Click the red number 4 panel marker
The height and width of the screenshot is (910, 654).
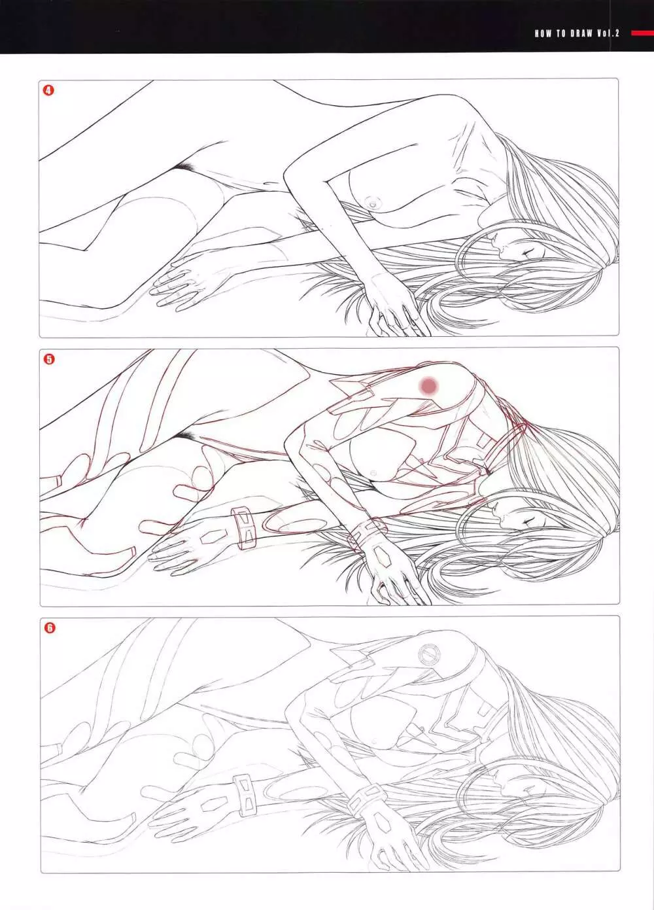click(48, 90)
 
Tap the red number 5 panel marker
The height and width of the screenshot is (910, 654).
click(49, 359)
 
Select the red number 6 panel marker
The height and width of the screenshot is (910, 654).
click(50, 628)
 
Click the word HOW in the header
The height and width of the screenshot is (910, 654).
click(543, 34)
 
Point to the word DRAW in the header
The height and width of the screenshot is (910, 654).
click(581, 34)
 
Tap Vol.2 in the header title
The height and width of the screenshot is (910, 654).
click(608, 34)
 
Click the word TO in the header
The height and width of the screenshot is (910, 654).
click(561, 34)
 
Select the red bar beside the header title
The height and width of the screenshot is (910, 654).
click(643, 34)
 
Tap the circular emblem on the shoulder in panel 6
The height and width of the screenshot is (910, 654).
click(428, 654)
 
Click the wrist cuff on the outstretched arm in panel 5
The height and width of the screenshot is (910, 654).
click(244, 528)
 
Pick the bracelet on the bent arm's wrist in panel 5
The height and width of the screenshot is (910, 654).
click(365, 534)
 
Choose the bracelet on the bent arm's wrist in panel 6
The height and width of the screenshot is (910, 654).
click(366, 803)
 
